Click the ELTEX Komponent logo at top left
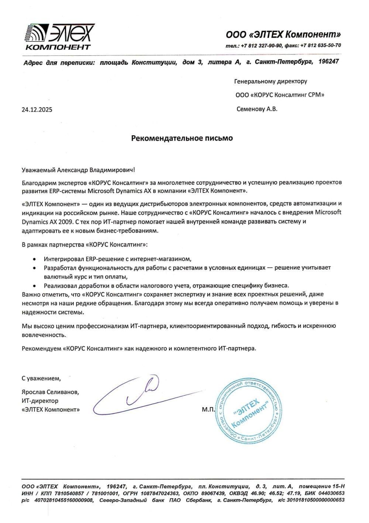(x=59, y=37)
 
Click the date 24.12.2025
(x=37, y=109)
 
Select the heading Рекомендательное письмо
(x=182, y=138)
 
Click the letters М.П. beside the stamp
(x=208, y=410)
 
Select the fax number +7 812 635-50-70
(x=321, y=45)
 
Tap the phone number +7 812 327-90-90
(x=262, y=45)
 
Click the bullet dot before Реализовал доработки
(x=35, y=286)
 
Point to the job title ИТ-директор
(x=40, y=400)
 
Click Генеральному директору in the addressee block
(x=270, y=81)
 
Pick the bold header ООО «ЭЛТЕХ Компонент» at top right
(x=283, y=35)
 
